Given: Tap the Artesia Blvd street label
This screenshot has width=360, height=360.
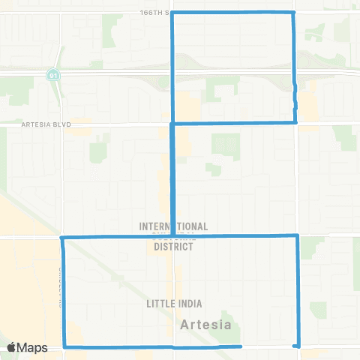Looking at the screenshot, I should click(46, 126).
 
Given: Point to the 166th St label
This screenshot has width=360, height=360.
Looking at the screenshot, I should click(155, 13).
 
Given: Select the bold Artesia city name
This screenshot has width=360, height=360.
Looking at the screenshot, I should click(205, 325).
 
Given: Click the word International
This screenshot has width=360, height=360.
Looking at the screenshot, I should click(173, 226).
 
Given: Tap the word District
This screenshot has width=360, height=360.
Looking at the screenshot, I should click(174, 246).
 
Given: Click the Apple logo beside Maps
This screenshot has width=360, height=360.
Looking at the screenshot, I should click(13, 347).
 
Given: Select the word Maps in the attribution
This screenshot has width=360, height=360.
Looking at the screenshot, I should click(34, 347).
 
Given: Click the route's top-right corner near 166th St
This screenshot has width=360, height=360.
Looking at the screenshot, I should click(292, 13).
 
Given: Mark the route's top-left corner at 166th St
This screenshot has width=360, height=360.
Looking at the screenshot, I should click(173, 13).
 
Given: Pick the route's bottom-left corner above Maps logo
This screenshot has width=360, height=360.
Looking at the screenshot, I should click(64, 346).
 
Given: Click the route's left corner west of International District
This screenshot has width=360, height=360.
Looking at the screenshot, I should click(61, 238).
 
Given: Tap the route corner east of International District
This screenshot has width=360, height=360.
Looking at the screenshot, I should click(298, 235).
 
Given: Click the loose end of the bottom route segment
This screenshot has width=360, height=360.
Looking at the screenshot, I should click(241, 346).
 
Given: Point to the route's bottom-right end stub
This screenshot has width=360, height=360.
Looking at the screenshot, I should click(298, 346).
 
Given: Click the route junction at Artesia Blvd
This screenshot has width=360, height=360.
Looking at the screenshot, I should click(173, 123).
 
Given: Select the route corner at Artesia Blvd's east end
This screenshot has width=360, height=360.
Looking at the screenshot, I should click(295, 121).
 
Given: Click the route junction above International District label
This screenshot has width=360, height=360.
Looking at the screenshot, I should click(174, 236).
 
